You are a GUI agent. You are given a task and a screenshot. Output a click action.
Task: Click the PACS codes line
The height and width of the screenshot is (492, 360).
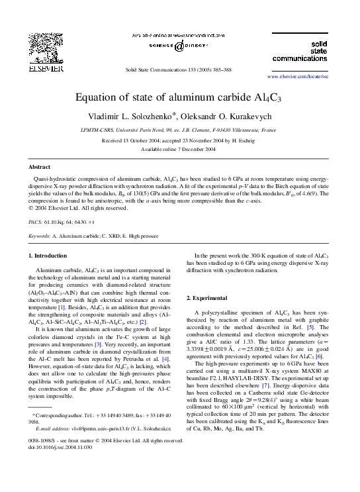point(62,222)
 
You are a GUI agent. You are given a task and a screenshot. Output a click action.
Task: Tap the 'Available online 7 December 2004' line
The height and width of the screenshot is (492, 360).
point(179,150)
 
